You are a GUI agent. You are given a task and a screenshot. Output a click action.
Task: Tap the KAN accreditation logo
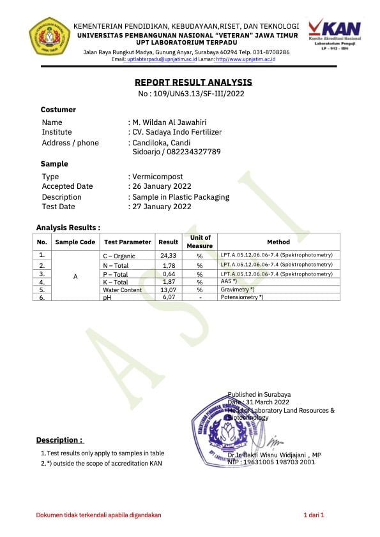pos(334,33)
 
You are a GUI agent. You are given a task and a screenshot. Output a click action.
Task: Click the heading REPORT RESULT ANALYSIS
pos(193,82)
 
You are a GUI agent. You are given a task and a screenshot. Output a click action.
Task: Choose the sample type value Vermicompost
pos(157,176)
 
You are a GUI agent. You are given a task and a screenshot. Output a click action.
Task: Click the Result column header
pos(169,242)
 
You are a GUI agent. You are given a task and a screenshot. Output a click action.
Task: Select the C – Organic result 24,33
pos(169,255)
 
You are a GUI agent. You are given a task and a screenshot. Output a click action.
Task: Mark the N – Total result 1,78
pos(169,265)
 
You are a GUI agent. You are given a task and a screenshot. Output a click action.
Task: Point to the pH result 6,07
pos(169,297)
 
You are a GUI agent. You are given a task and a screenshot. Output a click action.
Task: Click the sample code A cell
pos(75,277)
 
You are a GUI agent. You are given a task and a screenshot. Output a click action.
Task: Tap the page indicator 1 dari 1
pos(314,515)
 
